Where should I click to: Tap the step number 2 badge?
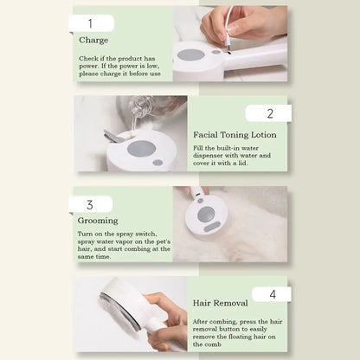coord(268,113)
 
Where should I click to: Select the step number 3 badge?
coord(90,205)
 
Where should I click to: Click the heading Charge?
coord(93,40)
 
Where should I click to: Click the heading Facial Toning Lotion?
coord(235,135)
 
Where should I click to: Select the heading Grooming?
coord(97,221)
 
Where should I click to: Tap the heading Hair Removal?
coord(222,304)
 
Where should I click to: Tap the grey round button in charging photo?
coord(190,55)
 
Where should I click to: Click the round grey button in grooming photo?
coord(205,213)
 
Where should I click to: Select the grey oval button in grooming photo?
coord(211,227)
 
